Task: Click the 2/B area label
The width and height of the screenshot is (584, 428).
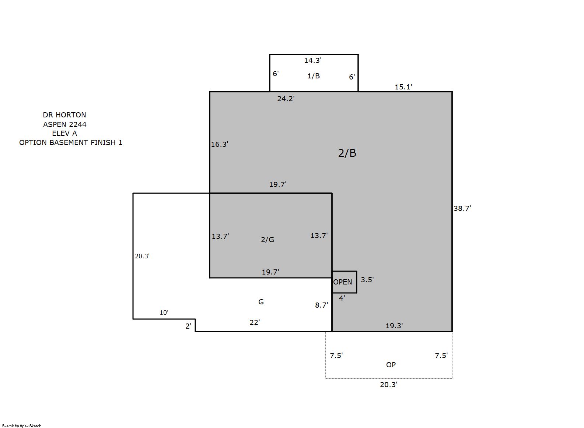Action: [347, 153]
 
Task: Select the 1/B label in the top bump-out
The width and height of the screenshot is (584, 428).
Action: [314, 76]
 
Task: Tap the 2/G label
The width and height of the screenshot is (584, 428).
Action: [267, 240]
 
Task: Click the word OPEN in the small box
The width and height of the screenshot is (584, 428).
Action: [343, 282]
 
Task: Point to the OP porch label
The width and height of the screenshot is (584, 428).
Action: [391, 365]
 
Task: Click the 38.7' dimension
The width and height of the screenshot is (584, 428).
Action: [462, 208]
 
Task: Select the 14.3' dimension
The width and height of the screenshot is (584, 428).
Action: [313, 60]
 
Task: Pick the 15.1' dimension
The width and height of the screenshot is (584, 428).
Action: [403, 87]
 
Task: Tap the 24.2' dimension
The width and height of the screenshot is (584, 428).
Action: [286, 99]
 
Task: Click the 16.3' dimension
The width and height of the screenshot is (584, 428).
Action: [220, 144]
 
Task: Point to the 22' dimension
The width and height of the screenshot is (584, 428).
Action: [255, 322]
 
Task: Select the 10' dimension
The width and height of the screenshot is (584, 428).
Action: [164, 312]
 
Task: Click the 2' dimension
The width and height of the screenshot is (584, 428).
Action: [188, 326]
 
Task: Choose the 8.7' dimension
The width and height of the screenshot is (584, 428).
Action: [321, 305]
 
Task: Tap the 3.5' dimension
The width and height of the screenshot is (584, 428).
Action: [367, 280]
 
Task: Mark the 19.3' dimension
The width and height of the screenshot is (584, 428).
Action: [394, 326]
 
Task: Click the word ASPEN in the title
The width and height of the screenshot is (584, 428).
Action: [55, 124]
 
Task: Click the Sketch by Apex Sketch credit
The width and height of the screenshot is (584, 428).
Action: [22, 426]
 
